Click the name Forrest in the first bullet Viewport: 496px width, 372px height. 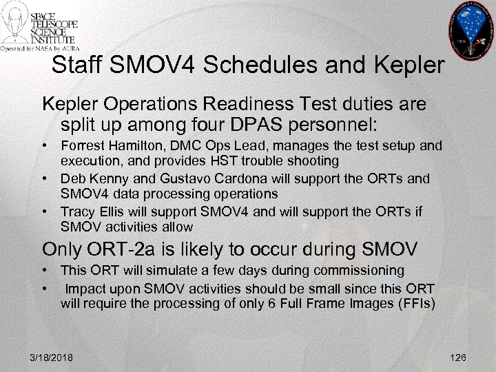tap(83, 146)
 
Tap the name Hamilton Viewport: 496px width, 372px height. tap(135, 146)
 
